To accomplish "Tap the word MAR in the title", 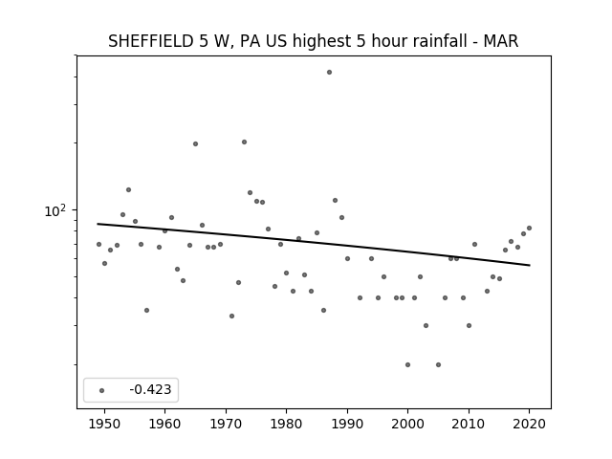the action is (501, 41).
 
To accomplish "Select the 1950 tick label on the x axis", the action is (104, 424).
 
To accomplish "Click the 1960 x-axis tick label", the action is (164, 424).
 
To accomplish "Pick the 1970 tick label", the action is (226, 424).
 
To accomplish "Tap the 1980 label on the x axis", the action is (286, 424).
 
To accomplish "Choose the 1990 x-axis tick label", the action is (347, 424).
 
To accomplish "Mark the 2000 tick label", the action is (408, 424).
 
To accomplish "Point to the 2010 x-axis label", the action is (469, 424).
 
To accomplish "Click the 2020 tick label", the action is (529, 424).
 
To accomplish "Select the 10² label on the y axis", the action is (55, 210).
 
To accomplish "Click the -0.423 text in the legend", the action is (150, 389).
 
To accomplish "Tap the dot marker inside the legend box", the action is (102, 390).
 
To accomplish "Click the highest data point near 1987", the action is (329, 73).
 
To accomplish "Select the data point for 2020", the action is (529, 228).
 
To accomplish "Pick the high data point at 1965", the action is (195, 144).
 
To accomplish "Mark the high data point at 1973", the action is (245, 142).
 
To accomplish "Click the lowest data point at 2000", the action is (408, 365).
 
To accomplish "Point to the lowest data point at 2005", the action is (438, 365).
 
